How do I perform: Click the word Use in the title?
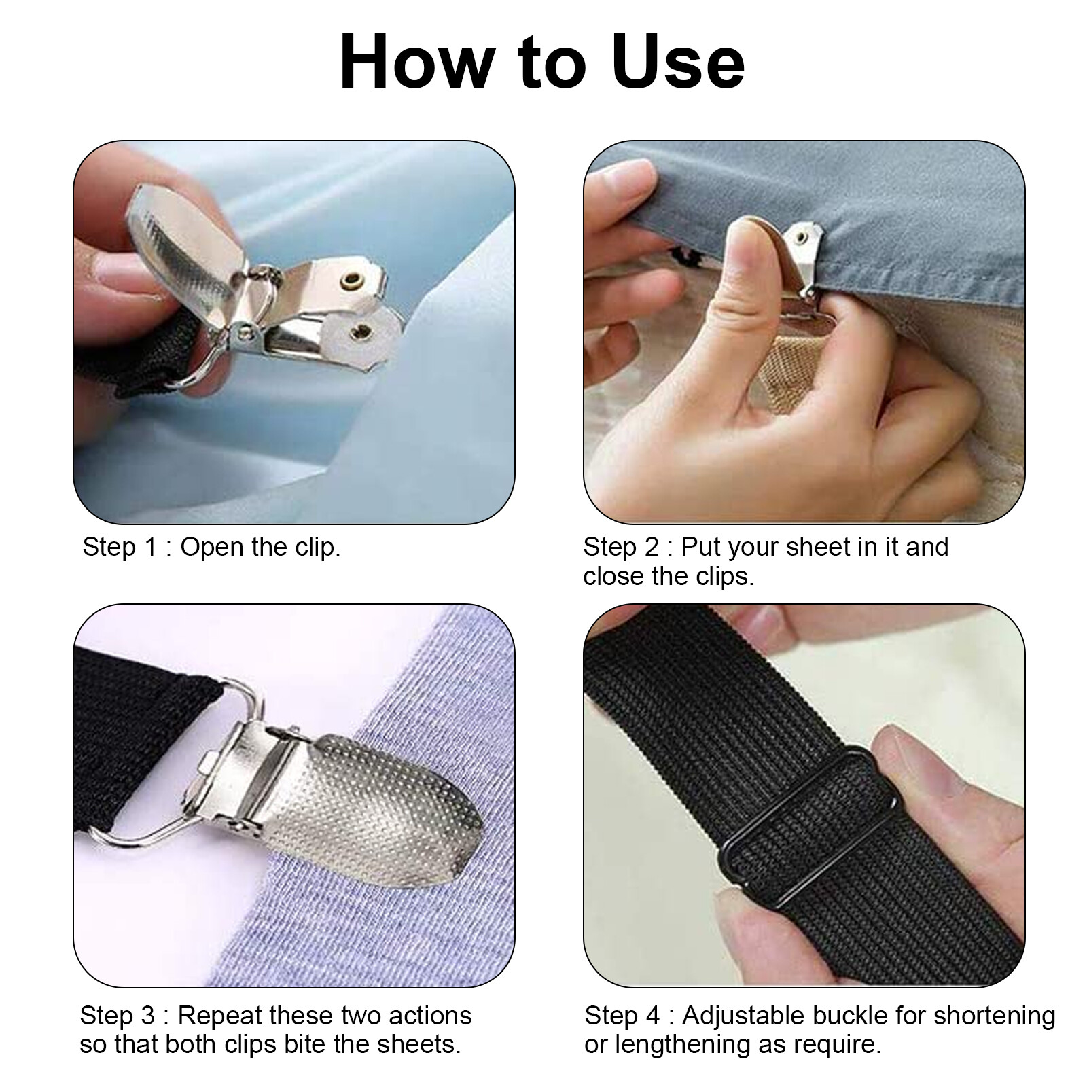point(677,63)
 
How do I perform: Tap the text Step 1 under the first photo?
point(119,547)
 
